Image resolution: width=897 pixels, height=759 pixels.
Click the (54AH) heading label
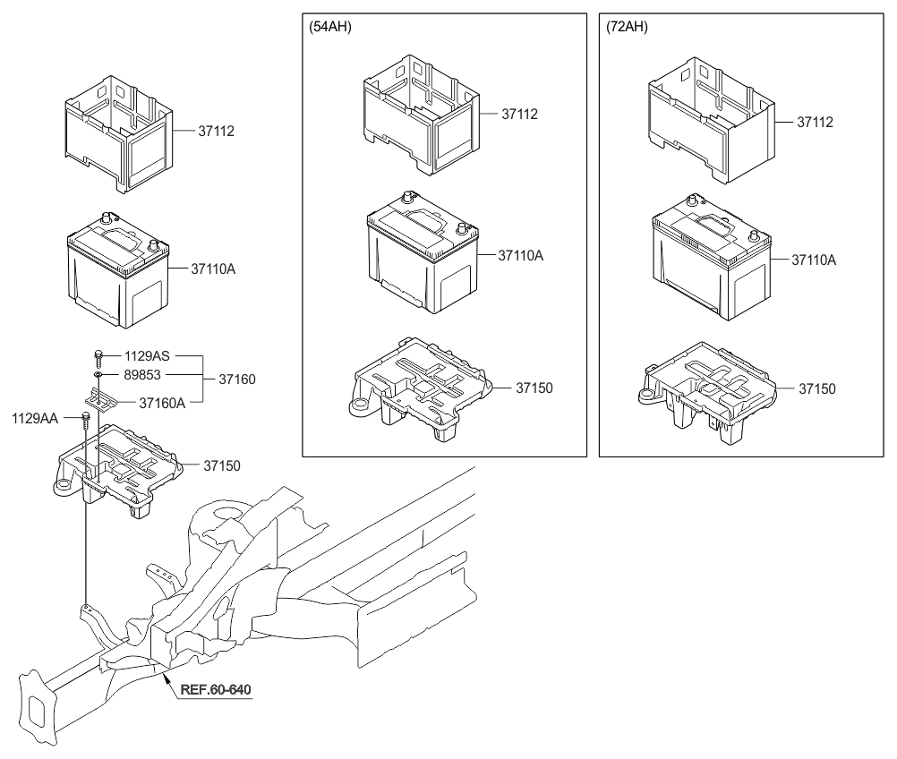pos(330,27)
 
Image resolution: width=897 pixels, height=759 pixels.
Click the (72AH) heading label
pos(627,27)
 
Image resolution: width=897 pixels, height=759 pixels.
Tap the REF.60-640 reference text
pos(216,689)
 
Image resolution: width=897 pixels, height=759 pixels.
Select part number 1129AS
pos(147,355)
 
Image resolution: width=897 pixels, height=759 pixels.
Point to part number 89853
pos(142,375)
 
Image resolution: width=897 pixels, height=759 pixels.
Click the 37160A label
pos(162,404)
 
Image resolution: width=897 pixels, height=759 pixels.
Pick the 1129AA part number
pos(35,419)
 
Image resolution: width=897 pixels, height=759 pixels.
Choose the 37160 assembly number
pos(237,379)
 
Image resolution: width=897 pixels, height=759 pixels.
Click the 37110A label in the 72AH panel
pos(814,260)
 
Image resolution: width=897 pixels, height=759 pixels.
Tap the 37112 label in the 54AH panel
pos(519,115)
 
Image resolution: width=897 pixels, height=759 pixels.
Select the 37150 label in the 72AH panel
pos(817,389)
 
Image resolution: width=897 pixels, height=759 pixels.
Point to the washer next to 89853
pos(98,375)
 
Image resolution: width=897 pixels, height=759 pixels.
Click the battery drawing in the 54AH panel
pos(423,252)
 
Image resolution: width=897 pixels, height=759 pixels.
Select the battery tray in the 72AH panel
pos(707,392)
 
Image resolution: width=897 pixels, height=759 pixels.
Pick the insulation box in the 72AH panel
pos(712,120)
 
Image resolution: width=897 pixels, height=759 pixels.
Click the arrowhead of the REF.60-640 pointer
pos(166,676)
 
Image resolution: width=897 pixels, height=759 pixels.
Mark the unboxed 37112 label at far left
pos(217,131)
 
